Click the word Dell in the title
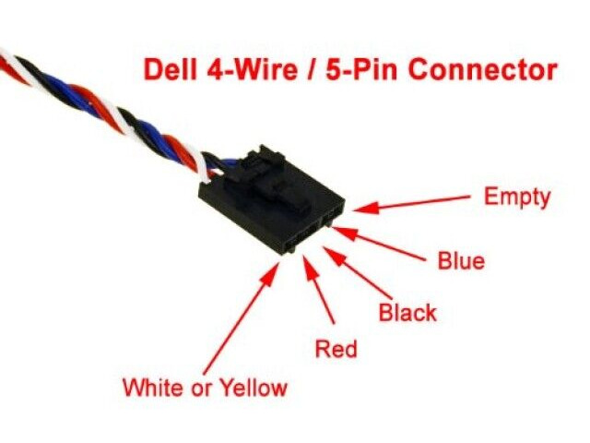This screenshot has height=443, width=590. pos(171,69)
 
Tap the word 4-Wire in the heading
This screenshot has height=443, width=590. pos(252,69)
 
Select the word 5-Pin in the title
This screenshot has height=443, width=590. pos(361,69)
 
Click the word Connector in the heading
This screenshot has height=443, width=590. pos(483,69)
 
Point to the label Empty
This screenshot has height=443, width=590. pos(517,197)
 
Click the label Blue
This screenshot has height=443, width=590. pos(461,260)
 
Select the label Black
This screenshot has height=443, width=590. pos(407,312)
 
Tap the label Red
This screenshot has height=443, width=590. pos(336,349)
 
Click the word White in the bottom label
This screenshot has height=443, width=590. pos(154,387)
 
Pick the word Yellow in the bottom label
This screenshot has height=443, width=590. pos(253,388)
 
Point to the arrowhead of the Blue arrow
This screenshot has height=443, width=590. pos(343,233)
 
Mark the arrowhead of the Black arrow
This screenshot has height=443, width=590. pos(334,257)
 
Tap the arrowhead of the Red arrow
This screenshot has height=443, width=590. pos(311,267)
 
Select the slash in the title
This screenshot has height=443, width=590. pos(312,69)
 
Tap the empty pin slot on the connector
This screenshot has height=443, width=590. pos(333,215)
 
